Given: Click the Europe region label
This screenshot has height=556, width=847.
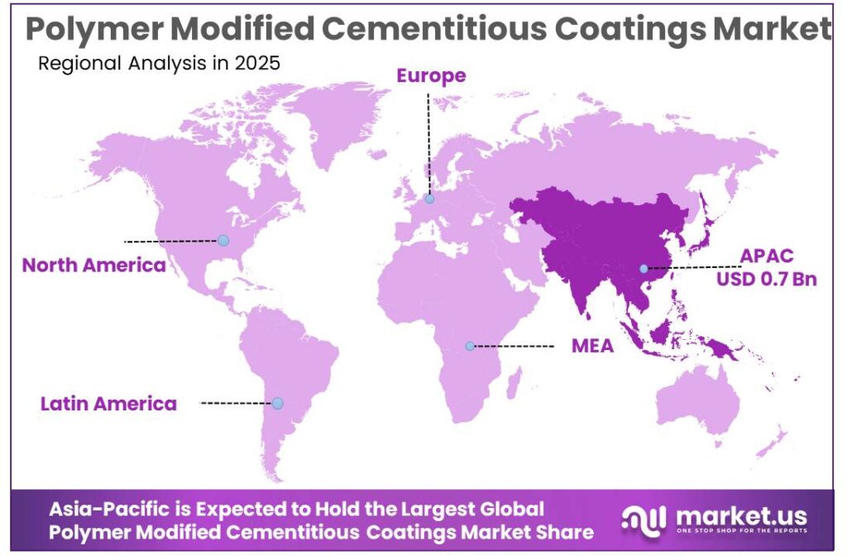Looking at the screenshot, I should pos(431,76).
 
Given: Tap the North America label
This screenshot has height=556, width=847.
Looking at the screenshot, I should pos(93,265).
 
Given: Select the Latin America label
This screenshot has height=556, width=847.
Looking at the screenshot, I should pos(108,404).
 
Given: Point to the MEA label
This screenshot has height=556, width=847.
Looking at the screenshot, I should pos(592,346).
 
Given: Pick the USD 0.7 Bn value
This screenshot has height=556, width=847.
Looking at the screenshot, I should pos(767,279).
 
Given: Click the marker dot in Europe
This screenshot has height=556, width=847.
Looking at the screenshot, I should pos(429,199).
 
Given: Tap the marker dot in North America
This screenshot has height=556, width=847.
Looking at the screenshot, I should pos(223,240).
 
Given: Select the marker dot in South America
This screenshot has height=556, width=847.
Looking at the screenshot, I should pos(277,403).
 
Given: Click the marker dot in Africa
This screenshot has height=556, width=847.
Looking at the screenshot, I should pos(469,346).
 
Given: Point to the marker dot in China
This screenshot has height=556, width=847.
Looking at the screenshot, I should pos(643,268).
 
